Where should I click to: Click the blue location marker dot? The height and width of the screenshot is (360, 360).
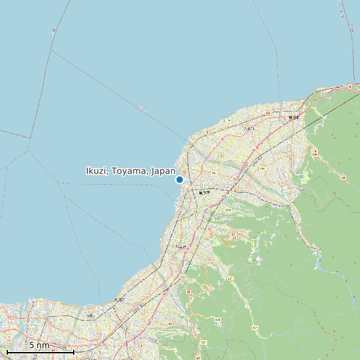tap(179, 179)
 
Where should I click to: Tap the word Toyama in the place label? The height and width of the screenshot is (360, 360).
tap(130, 171)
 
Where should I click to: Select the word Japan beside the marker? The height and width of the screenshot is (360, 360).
tap(163, 171)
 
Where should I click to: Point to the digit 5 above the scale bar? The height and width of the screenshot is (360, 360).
tap(32, 345)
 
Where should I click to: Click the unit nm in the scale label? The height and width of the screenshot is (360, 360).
tap(43, 345)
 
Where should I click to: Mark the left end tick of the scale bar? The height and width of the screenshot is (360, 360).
tap(7, 350)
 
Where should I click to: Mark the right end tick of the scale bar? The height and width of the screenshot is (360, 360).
tap(73, 350)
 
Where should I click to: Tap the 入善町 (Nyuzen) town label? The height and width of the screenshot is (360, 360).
tap(249, 129)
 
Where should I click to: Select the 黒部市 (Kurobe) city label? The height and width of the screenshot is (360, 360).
tap(203, 193)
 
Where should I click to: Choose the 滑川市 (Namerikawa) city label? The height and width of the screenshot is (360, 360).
tap(118, 300)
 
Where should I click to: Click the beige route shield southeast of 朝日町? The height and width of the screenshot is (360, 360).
tap(315, 153)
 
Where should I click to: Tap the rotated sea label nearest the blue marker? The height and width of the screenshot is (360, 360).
tap(140, 107)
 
